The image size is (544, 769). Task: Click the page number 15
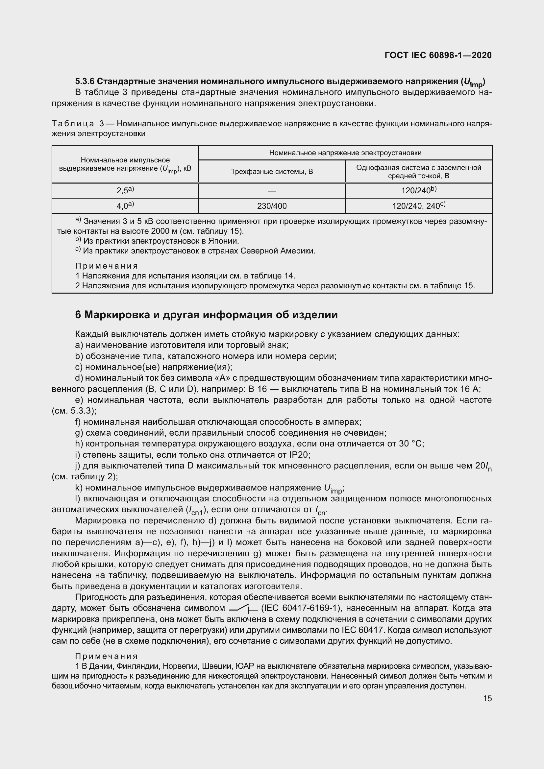(487, 698)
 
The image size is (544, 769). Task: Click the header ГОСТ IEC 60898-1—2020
(438, 56)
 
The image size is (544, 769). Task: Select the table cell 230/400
(272, 206)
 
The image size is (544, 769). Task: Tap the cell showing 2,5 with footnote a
(125, 190)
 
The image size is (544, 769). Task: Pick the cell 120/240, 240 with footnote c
(418, 206)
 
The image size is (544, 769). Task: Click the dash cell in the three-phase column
(272, 191)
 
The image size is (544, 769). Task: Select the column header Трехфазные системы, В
(272, 172)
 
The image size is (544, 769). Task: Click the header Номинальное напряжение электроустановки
(345, 153)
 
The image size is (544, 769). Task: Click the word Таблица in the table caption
(73, 124)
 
